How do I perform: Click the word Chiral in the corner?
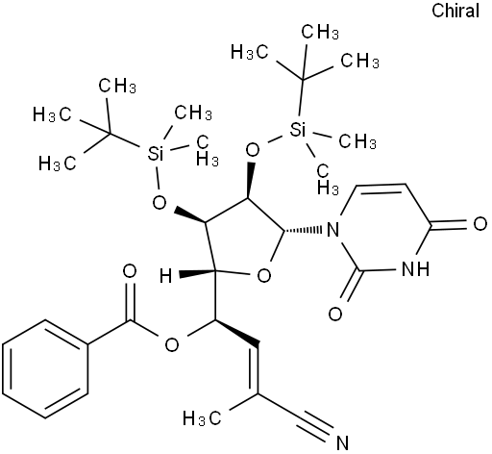click(x=455, y=11)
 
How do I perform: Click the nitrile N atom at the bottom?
click(x=342, y=442)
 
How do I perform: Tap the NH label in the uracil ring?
click(x=415, y=268)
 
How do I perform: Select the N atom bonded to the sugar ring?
click(x=333, y=230)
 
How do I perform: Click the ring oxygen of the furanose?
click(x=264, y=276)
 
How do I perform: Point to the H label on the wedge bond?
click(x=166, y=276)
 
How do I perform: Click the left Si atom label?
click(x=156, y=153)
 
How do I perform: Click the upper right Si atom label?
click(x=298, y=131)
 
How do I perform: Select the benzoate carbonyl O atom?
click(x=130, y=271)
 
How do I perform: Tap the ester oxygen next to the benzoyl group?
click(x=172, y=344)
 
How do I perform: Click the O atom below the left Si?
click(x=160, y=203)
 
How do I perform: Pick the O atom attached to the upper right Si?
click(x=253, y=150)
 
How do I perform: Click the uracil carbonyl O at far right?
click(x=480, y=224)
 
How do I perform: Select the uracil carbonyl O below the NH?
click(x=335, y=315)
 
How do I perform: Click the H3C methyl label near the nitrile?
click(x=202, y=418)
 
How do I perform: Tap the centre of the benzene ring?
click(x=45, y=368)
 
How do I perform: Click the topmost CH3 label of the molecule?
click(x=320, y=32)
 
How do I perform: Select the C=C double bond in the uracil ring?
click(x=381, y=187)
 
